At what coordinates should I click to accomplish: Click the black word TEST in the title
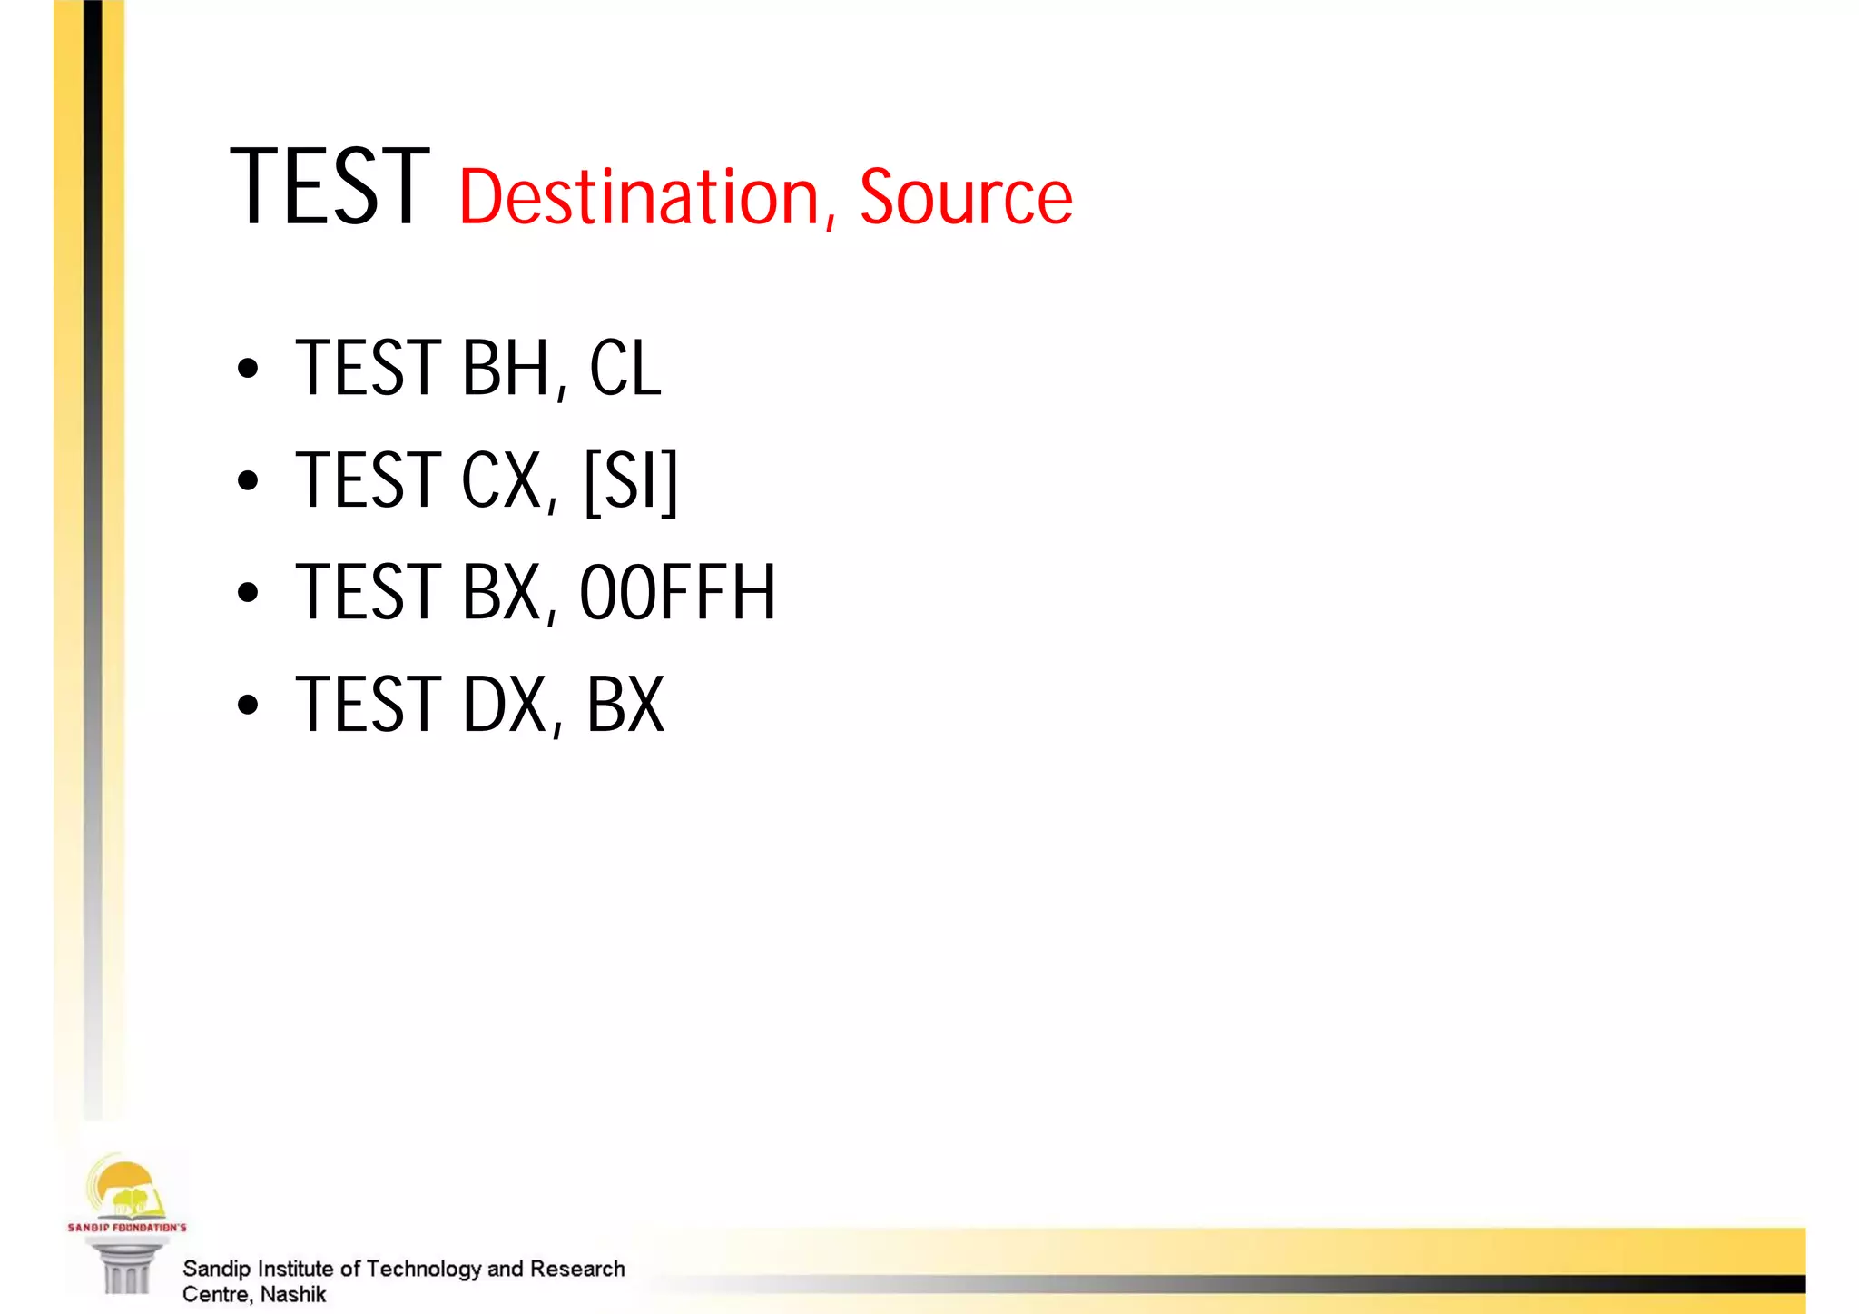pos(329,188)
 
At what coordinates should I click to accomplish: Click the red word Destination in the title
pos(640,197)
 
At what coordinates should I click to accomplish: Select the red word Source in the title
pos(965,197)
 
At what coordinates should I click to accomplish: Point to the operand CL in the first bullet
pos(625,368)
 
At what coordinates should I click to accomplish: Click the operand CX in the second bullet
pos(502,480)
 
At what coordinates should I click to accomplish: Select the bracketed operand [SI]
pos(631,480)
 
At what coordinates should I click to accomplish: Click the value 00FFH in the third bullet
pos(677,593)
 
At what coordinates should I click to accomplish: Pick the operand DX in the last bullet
pos(505,705)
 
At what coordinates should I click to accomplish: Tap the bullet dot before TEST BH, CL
pos(247,370)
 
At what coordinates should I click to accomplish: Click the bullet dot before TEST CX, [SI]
pos(247,481)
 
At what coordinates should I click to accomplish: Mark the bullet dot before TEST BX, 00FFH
pos(247,594)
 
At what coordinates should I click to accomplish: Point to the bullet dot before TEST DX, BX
pos(247,706)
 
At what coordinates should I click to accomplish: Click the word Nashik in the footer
pos(292,1294)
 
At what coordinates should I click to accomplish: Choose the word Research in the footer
pos(577,1269)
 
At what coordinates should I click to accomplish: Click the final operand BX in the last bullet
pos(625,705)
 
